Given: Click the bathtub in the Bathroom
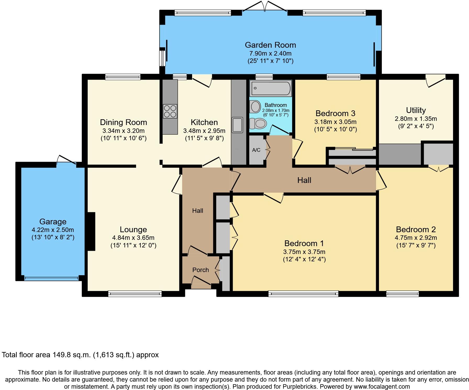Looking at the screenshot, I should point(271,89).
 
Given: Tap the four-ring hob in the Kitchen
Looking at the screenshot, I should point(170,111).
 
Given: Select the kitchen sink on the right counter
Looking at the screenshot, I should point(237,125).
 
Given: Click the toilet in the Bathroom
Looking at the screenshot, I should point(258,123).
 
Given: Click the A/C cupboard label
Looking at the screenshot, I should point(256,150).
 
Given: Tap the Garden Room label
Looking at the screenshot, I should point(270,45).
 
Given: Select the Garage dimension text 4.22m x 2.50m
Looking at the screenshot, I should point(53,230).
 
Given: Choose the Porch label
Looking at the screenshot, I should point(200,270).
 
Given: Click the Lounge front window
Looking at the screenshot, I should point(135,294).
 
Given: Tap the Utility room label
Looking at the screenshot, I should point(416,110).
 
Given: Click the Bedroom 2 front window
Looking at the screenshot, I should point(403,294).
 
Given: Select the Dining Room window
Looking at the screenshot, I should point(123,77).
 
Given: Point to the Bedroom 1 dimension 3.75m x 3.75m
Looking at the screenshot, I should point(304,252).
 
